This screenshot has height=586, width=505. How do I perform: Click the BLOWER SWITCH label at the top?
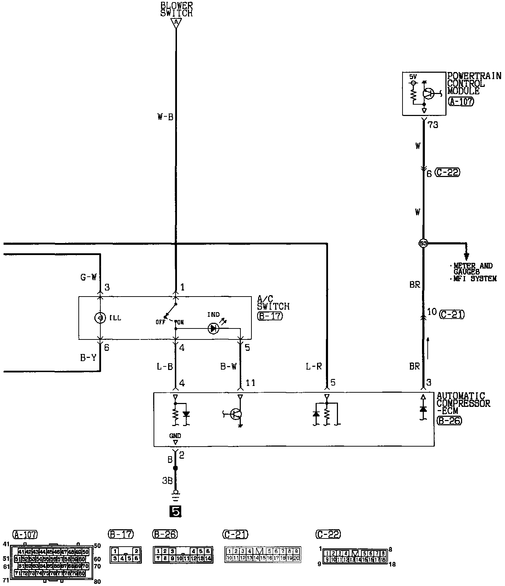coord(176,10)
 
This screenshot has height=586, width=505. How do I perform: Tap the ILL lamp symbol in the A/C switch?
coord(100,318)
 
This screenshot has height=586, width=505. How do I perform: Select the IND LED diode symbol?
coord(213,329)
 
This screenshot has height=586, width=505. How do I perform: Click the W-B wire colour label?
coord(165,117)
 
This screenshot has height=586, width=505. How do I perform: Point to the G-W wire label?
coord(88,277)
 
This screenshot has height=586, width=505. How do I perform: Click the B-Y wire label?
coord(88,358)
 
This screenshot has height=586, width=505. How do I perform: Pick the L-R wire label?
coord(314,366)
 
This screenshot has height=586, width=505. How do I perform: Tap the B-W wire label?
coord(228,366)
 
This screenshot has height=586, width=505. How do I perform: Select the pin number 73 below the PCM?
coord(433,125)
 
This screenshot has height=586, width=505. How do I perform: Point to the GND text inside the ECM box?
coord(175,436)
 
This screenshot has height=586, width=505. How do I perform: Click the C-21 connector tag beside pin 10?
coord(451,314)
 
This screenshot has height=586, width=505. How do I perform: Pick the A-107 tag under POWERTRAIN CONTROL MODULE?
coord(461,102)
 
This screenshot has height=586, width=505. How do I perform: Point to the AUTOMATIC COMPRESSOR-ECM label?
coord(463,403)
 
